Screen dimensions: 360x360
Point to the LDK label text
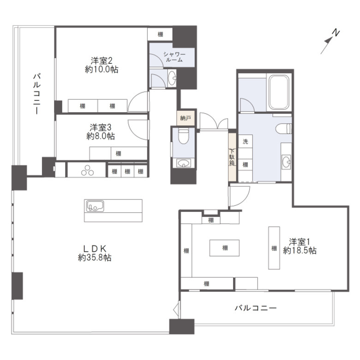click(x=95, y=249)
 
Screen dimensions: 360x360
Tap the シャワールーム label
click(x=174, y=57)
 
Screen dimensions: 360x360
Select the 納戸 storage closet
click(x=186, y=118)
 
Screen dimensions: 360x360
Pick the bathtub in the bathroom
click(x=279, y=92)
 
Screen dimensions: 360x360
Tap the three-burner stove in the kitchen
click(x=88, y=170)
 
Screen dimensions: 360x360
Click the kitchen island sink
click(x=95, y=206)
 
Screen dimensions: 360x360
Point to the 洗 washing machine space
click(x=246, y=141)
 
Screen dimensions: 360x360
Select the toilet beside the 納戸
click(x=183, y=136)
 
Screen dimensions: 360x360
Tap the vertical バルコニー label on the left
click(x=37, y=94)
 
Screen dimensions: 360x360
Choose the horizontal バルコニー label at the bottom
click(x=255, y=308)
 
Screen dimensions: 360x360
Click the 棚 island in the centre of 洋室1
click(x=225, y=248)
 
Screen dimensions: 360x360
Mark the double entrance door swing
click(x=214, y=121)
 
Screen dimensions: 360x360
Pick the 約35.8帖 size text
click(x=95, y=258)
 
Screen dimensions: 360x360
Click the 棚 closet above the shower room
click(x=160, y=34)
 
